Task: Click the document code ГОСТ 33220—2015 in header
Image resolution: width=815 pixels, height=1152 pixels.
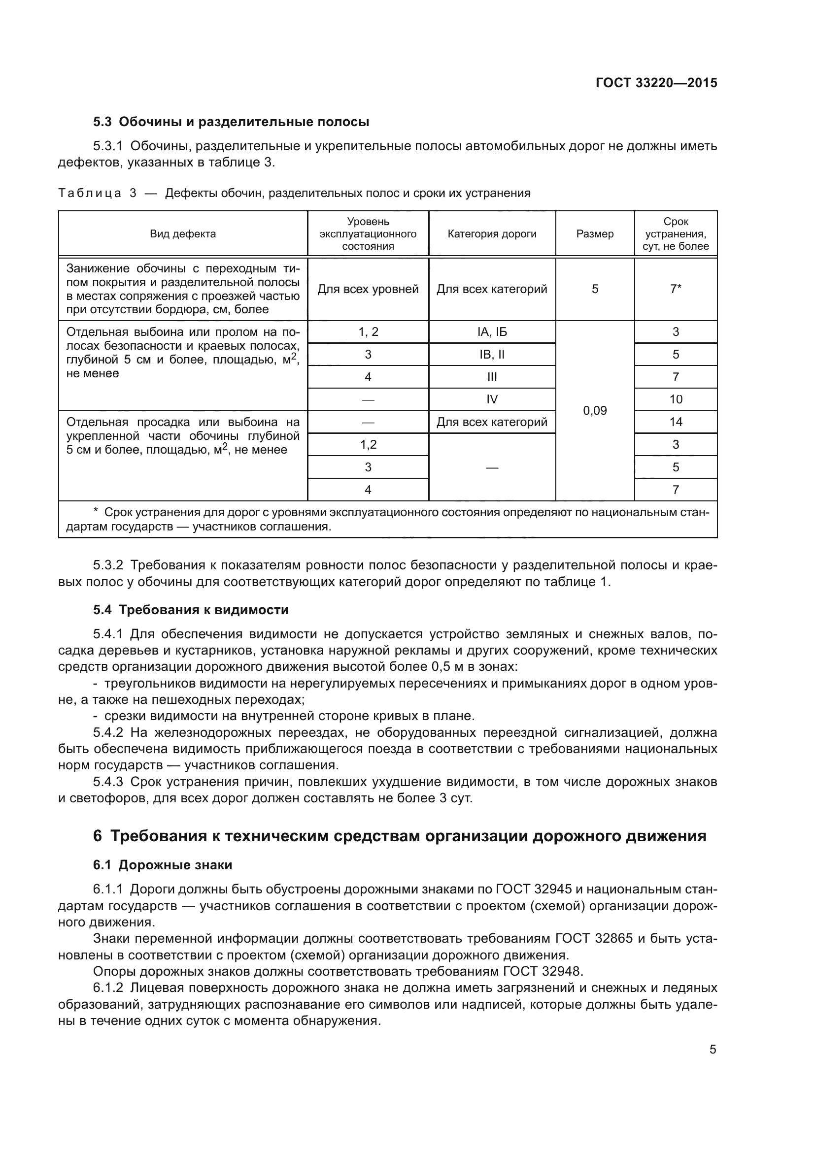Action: click(x=656, y=83)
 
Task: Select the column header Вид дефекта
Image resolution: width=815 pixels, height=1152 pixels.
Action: click(x=183, y=234)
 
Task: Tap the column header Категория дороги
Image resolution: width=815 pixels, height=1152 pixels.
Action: click(x=491, y=234)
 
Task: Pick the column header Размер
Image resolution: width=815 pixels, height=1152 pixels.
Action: click(x=595, y=234)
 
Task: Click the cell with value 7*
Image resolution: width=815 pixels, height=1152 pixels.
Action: click(x=676, y=289)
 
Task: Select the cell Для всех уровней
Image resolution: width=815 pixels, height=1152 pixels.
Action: click(x=368, y=289)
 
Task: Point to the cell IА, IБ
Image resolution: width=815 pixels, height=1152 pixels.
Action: click(x=491, y=331)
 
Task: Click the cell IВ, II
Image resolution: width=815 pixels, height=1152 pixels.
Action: click(x=491, y=354)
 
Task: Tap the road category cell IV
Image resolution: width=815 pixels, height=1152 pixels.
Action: click(x=491, y=399)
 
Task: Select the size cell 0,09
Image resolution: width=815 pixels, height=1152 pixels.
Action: click(x=595, y=410)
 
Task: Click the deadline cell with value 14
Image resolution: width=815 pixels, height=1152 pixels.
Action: click(x=676, y=422)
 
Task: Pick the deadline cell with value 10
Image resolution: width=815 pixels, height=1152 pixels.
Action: click(x=676, y=399)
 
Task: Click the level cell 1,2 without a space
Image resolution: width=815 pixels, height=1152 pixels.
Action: click(x=368, y=445)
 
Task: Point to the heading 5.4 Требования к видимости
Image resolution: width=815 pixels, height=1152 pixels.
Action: click(x=191, y=610)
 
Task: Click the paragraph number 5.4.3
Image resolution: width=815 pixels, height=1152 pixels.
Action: click(x=108, y=782)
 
